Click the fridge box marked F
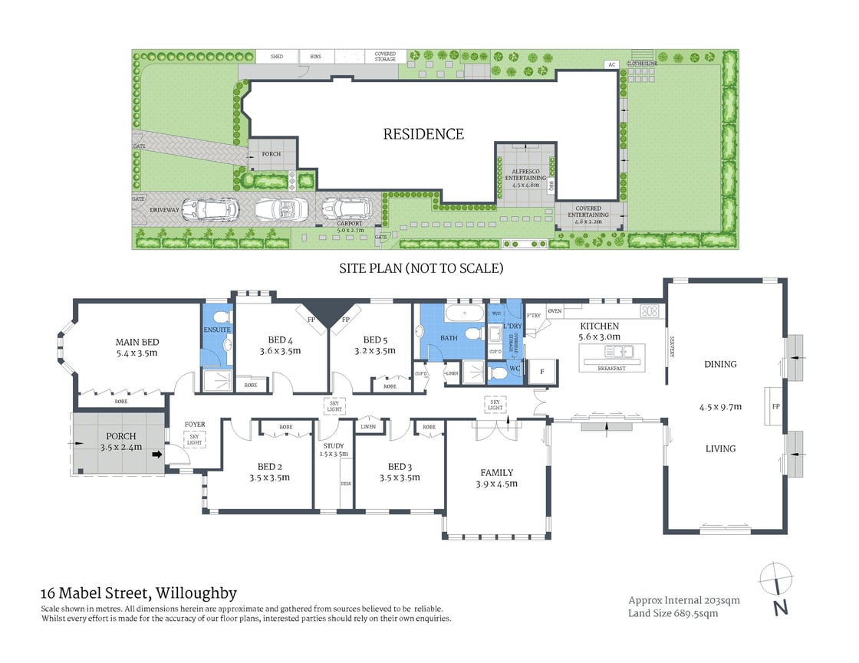coord(543,370)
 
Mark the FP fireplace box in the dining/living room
coord(775,406)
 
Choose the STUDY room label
coord(334,445)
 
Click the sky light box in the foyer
coord(194,439)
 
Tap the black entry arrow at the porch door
coord(157,455)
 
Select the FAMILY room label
coord(496,472)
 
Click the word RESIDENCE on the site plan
coord(423,134)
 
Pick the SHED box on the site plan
coord(276,57)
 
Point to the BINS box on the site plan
coord(316,57)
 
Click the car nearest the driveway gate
coord(209,209)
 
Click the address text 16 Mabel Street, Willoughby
coord(138,593)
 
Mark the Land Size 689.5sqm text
coord(673,613)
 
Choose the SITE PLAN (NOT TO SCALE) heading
coord(421,268)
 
